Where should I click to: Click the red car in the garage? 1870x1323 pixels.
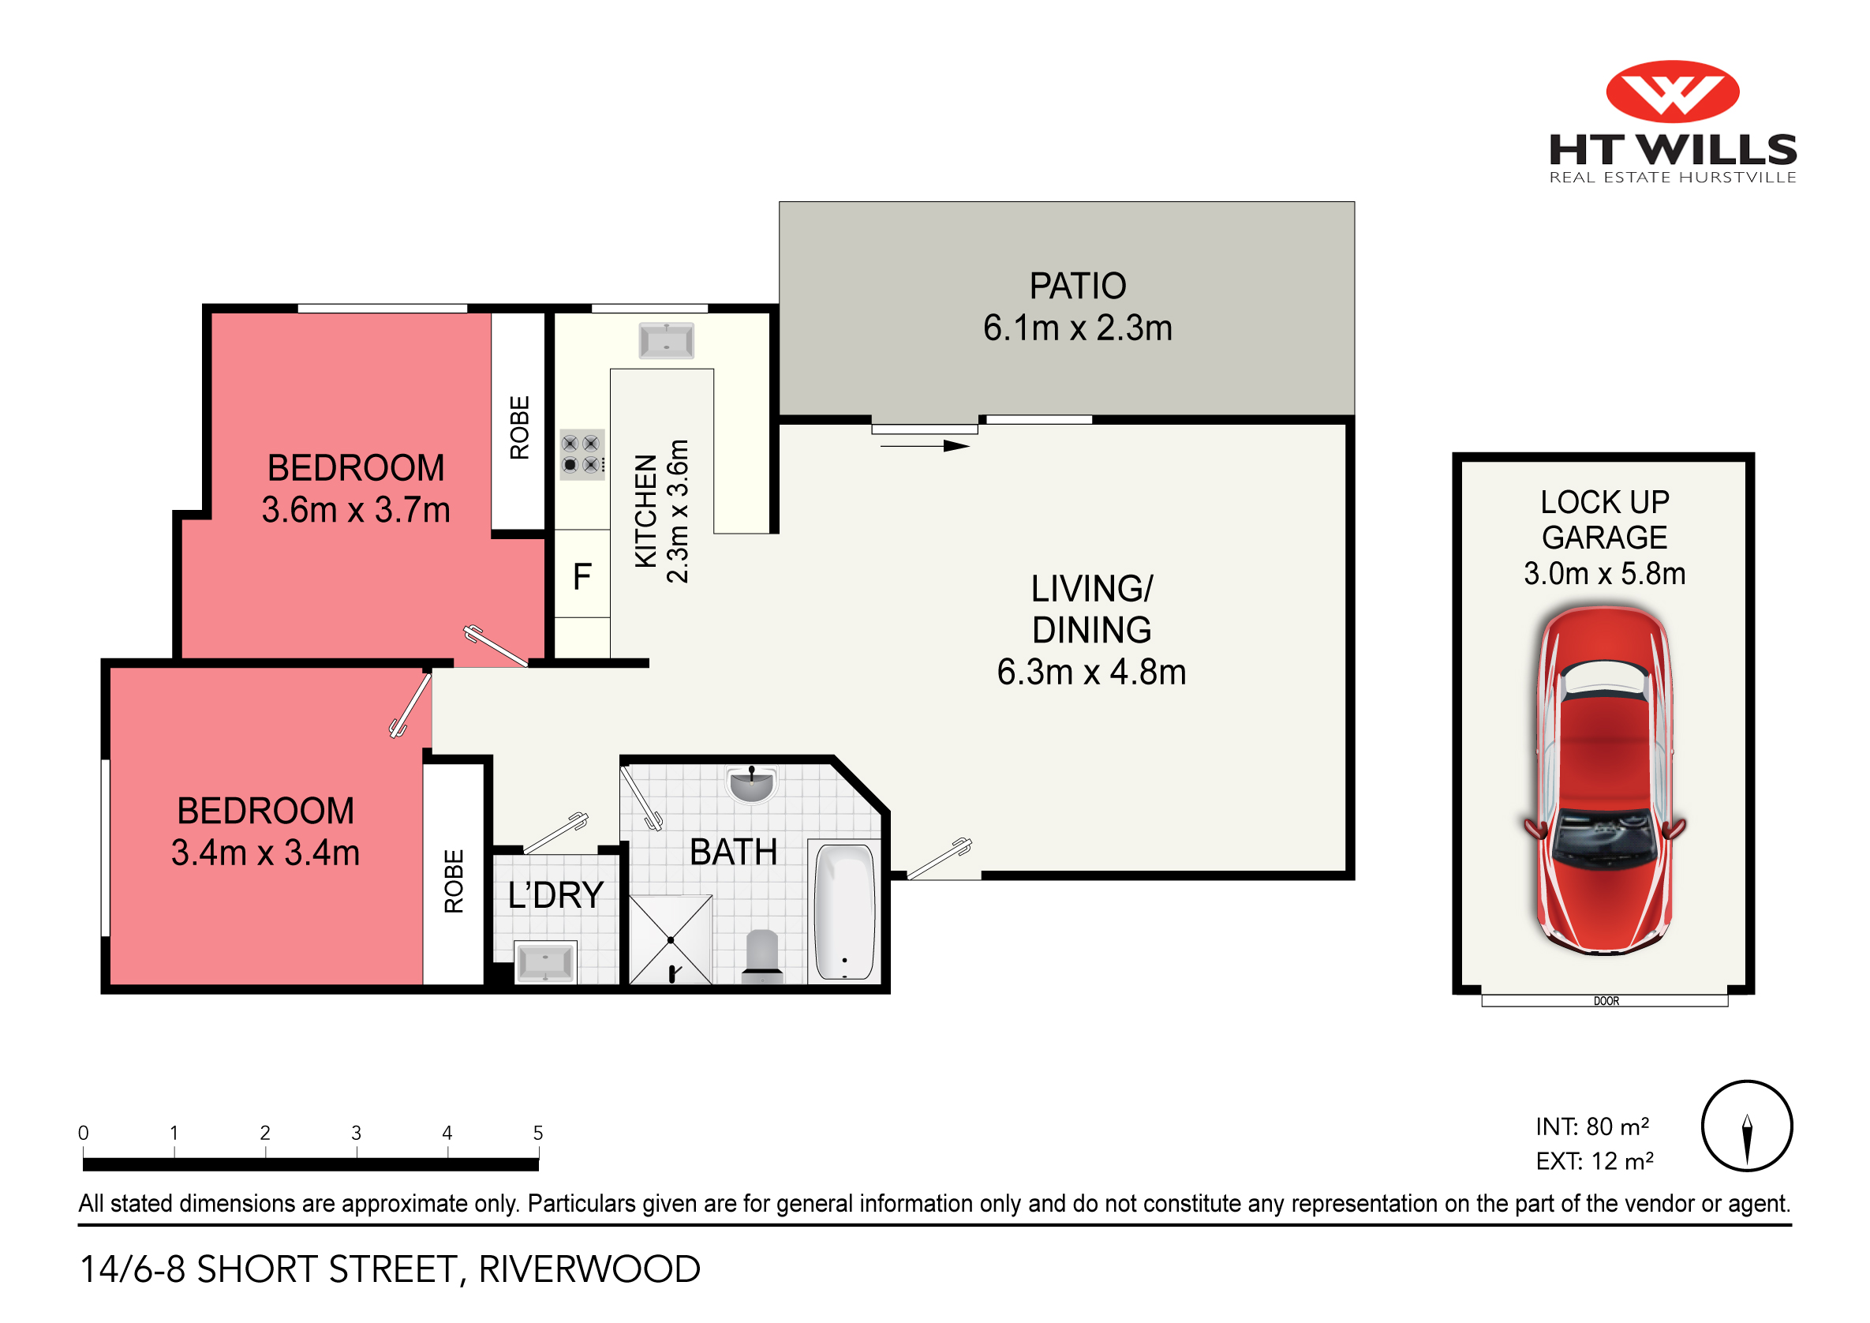click(x=1603, y=780)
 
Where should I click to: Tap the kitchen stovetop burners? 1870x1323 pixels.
click(x=581, y=454)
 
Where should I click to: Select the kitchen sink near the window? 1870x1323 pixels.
click(x=666, y=339)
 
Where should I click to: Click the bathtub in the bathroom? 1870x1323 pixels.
click(x=844, y=912)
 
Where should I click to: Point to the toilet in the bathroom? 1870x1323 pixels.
click(x=761, y=953)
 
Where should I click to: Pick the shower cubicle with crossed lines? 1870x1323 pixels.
click(x=671, y=939)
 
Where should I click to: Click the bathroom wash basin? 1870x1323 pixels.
click(x=751, y=785)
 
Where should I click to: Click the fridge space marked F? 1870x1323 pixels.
click(x=582, y=576)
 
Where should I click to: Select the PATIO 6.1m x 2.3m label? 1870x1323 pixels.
click(x=1077, y=306)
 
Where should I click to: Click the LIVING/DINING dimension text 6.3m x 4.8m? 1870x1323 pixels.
click(x=1090, y=672)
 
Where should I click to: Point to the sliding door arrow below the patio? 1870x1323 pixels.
click(x=925, y=446)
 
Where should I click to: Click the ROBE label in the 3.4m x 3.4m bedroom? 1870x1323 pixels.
click(x=454, y=881)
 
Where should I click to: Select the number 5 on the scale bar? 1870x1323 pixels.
click(x=537, y=1133)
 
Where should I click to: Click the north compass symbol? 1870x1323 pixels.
click(x=1746, y=1126)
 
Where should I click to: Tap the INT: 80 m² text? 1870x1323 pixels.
click(x=1591, y=1126)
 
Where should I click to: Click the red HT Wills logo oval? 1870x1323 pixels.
click(x=1672, y=92)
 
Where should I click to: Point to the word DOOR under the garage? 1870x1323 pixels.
click(x=1606, y=1001)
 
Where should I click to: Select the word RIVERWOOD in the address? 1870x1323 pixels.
click(x=589, y=1269)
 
